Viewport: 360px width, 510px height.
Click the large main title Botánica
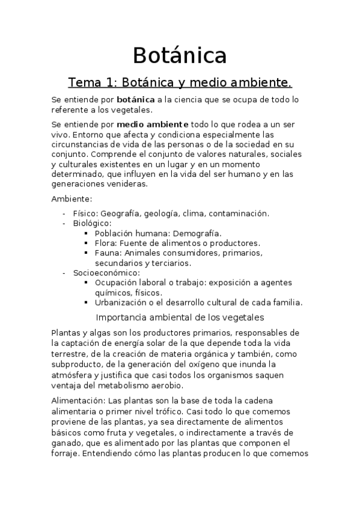pos(180,55)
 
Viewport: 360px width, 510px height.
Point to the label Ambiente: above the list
pos(71,199)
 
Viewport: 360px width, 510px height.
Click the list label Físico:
pos(85,214)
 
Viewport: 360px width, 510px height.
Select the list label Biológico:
pos(92,223)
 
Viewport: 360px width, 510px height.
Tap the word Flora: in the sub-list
pos(106,243)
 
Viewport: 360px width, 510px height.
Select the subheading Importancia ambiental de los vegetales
pos(180,317)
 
